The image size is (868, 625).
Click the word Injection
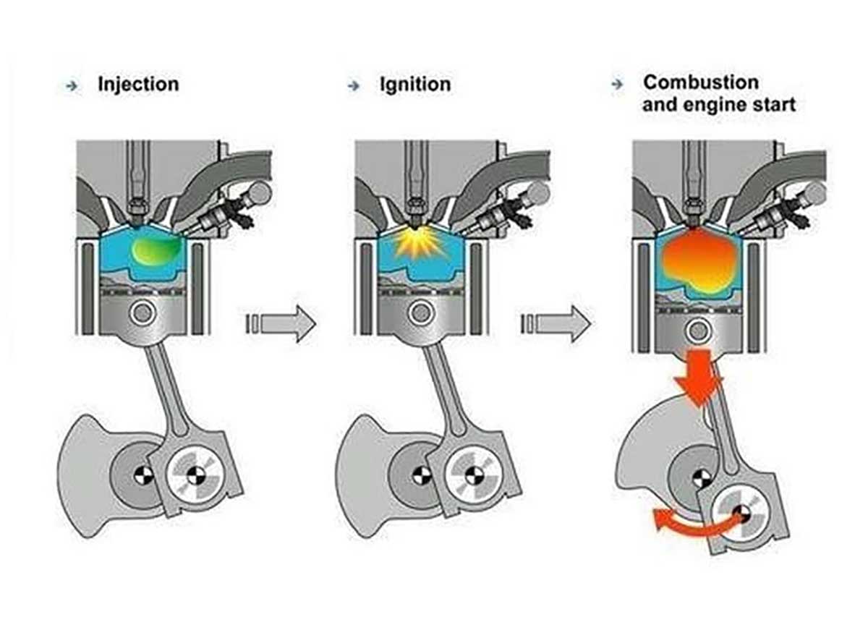[137, 85]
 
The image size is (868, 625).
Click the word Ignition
[415, 85]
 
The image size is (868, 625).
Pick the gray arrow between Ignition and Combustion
[556, 323]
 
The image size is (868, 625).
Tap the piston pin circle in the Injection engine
[142, 314]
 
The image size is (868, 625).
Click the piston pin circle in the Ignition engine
[419, 314]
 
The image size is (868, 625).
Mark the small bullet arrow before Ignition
[353, 85]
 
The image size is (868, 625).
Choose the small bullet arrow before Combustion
[617, 84]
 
